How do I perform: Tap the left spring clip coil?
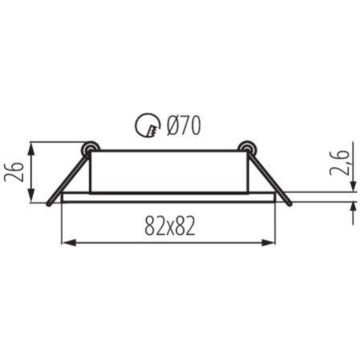point(89,148)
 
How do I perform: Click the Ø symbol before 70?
point(171,126)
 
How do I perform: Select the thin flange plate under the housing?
point(169,198)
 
